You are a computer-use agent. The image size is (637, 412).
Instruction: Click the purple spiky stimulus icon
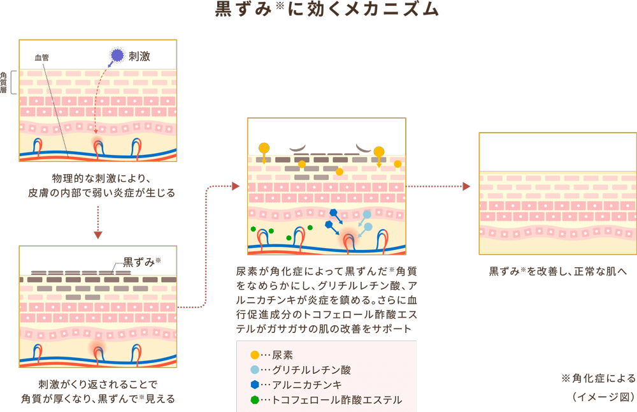(x=116, y=56)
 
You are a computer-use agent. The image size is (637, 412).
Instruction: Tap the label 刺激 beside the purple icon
(x=140, y=56)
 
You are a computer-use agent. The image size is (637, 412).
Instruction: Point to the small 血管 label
(x=42, y=58)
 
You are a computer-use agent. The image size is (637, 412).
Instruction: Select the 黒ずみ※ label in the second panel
(x=141, y=261)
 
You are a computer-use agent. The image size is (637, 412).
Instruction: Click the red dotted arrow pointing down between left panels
(x=98, y=234)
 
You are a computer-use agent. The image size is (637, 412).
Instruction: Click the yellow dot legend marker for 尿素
(x=255, y=355)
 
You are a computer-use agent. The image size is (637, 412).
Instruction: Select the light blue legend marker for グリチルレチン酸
(x=255, y=370)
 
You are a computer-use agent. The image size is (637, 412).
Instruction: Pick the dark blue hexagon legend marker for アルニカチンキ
(x=255, y=385)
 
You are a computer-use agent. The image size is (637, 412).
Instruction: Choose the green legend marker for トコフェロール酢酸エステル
(x=255, y=400)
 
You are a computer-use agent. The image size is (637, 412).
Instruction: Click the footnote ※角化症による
(x=598, y=378)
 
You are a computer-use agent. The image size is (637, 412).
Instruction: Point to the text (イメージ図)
(x=603, y=397)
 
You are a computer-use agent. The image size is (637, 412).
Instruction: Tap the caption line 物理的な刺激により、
(x=99, y=177)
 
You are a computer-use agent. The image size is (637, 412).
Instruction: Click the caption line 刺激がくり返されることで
(x=98, y=384)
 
